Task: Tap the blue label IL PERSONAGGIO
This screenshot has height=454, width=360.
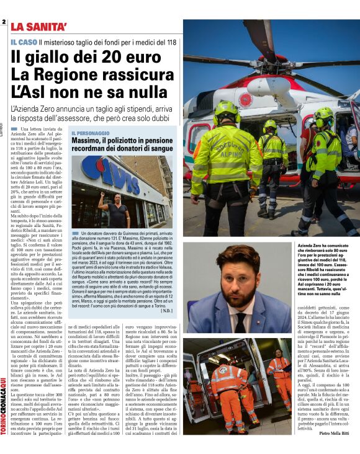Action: pos(90,133)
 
